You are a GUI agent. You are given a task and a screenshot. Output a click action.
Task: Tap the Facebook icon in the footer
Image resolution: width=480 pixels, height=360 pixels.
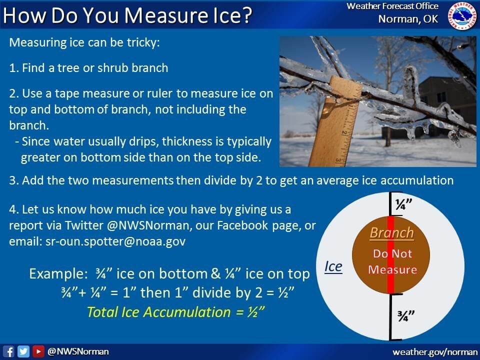click(8, 351)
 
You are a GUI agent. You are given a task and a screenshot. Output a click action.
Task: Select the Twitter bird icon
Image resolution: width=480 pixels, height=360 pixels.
click(23, 351)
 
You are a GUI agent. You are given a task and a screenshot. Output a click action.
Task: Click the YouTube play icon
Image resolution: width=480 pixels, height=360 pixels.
click(38, 351)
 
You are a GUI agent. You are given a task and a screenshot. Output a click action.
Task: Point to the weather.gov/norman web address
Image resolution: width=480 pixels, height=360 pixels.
click(434, 352)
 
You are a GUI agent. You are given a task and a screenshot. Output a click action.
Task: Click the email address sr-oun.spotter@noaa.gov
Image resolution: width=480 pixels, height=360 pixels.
click(115, 241)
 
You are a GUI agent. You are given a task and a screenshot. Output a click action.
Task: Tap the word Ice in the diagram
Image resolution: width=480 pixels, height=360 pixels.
click(333, 266)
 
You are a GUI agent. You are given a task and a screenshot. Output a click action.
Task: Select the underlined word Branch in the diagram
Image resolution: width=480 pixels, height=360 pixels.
click(392, 233)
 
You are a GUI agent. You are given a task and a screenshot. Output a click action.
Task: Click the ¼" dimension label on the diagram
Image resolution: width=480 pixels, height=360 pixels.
click(404, 204)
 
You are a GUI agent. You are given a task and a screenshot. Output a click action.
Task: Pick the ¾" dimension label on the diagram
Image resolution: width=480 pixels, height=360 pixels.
click(406, 316)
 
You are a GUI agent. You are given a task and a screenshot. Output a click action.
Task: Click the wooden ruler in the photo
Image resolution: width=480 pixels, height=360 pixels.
click(334, 122)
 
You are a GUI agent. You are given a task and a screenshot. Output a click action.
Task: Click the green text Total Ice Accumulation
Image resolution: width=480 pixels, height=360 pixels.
click(159, 312)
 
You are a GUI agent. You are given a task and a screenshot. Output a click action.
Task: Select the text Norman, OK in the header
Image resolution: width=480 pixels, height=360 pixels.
click(408, 19)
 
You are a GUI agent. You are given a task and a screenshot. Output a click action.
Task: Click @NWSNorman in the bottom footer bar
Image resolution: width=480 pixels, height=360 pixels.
click(78, 351)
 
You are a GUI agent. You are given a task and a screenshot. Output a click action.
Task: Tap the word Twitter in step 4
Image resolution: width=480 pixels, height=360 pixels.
click(84, 225)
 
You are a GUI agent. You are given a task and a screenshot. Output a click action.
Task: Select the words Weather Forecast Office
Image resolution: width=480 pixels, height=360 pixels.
click(392, 6)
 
